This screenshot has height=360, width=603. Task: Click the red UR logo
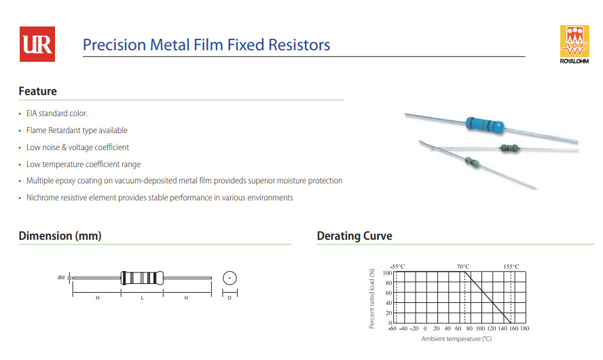pyautogui.click(x=37, y=43)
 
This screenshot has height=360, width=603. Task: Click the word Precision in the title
pyautogui.click(x=114, y=45)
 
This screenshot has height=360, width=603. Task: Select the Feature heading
pyautogui.click(x=37, y=91)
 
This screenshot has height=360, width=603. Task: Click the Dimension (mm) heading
pyautogui.click(x=60, y=236)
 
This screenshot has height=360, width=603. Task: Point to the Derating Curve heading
pyautogui.click(x=354, y=236)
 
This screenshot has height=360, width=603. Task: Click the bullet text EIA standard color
pyautogui.click(x=57, y=113)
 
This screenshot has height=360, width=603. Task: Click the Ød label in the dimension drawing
pyautogui.click(x=61, y=277)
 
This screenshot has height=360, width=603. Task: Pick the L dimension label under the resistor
pyautogui.click(x=142, y=298)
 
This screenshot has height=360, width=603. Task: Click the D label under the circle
pyautogui.click(x=230, y=298)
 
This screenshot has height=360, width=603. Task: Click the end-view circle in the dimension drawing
pyautogui.click(x=230, y=277)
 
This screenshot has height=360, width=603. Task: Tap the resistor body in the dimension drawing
pyautogui.click(x=142, y=277)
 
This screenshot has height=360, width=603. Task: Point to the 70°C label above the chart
pyautogui.click(x=463, y=266)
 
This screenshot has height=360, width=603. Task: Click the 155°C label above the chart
pyautogui.click(x=511, y=266)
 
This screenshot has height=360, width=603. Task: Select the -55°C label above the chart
pyautogui.click(x=398, y=266)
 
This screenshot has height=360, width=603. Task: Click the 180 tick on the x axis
pyautogui.click(x=524, y=329)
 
